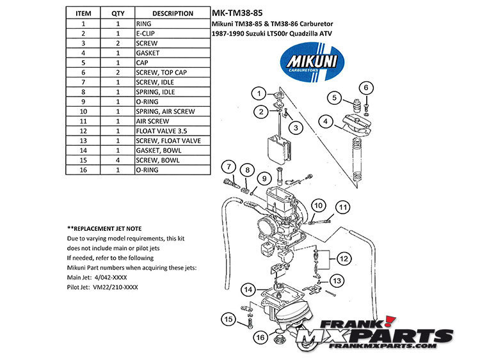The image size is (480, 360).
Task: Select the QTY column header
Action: point(118,13)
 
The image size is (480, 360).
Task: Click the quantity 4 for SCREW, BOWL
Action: point(118,160)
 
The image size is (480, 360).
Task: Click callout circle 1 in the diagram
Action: point(259,93)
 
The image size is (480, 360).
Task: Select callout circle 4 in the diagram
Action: point(326,121)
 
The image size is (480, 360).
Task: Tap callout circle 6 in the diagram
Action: point(366,88)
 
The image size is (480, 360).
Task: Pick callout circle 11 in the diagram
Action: point(344,207)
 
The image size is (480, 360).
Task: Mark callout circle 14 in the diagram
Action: point(248,290)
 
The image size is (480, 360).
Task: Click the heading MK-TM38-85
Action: point(236,12)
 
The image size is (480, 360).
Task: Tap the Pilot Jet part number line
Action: point(102,287)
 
